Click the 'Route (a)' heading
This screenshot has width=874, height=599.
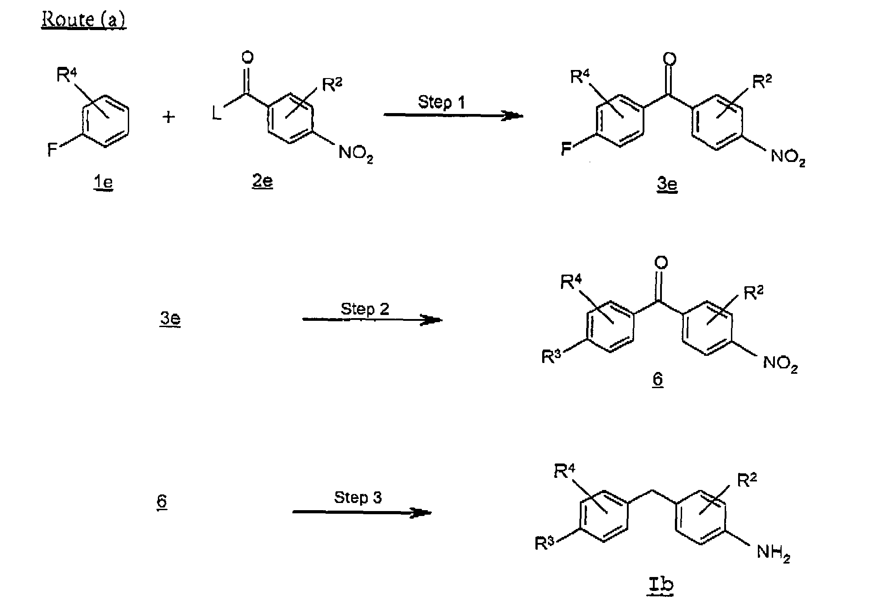point(84,20)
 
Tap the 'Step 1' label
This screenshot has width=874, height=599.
point(441,102)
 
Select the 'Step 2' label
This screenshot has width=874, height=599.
point(365,309)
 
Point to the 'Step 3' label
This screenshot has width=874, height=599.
point(358,497)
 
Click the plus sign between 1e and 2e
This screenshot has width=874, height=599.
point(169,118)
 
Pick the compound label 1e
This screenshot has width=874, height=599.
point(103,183)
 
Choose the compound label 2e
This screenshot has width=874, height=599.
point(262,181)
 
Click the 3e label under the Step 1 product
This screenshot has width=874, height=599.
point(667,184)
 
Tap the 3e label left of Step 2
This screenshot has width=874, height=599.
point(170,319)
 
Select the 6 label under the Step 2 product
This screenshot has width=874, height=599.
point(657,379)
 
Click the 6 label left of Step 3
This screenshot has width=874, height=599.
point(162,501)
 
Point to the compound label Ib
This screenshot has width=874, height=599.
point(660,585)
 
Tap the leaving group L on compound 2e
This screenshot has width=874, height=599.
point(217,114)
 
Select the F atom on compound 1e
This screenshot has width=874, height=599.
point(52,149)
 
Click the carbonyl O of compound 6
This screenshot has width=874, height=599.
point(661,263)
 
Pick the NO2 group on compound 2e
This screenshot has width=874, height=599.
point(356,153)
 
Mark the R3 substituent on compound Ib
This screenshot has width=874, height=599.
point(545,544)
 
